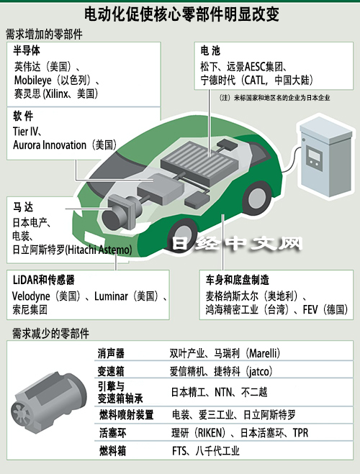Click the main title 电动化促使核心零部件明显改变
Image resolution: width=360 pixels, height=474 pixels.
click(x=181, y=14)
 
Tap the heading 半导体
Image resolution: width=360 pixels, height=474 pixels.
click(x=27, y=50)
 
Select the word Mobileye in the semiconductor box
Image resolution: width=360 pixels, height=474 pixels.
click(x=32, y=80)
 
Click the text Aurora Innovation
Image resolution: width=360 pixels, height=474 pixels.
click(x=50, y=145)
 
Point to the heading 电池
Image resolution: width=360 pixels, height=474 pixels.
click(x=210, y=50)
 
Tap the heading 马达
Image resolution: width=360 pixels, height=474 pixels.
click(x=23, y=207)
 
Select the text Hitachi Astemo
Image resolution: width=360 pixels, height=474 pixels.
click(x=99, y=250)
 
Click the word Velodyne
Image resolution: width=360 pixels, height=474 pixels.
click(x=31, y=296)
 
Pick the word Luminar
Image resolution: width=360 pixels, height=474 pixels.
click(x=111, y=296)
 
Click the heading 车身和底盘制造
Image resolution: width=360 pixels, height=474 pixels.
click(x=238, y=280)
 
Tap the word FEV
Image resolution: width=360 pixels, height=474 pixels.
click(x=310, y=309)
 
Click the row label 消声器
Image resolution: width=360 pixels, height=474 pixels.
click(x=111, y=353)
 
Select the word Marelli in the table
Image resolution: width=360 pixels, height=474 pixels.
click(x=263, y=353)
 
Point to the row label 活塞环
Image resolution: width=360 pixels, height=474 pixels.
click(x=113, y=433)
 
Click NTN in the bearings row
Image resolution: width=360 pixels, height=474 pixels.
click(x=224, y=393)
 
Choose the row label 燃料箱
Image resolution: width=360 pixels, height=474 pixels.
click(x=113, y=451)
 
